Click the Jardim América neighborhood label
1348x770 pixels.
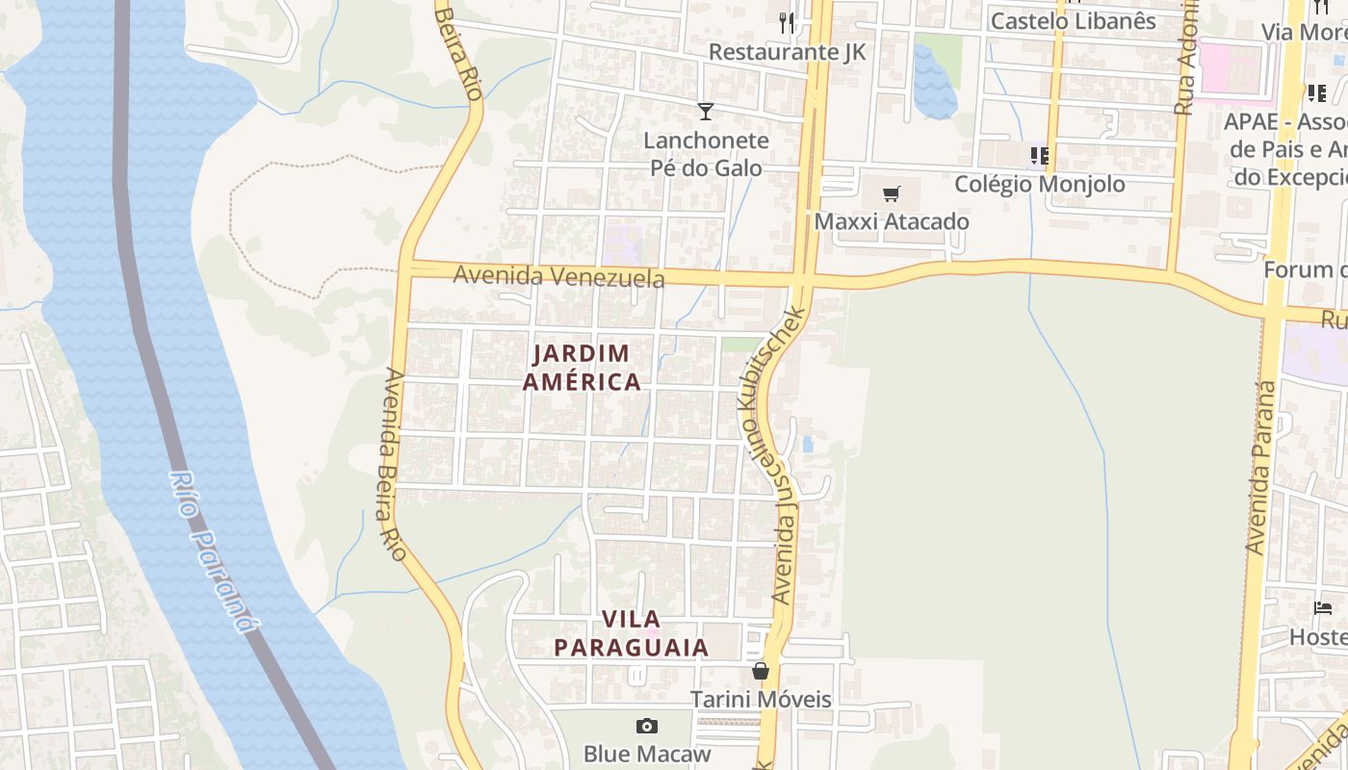tap(581, 368)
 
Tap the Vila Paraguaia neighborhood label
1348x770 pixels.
tap(632, 632)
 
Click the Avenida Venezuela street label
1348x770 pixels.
tap(558, 276)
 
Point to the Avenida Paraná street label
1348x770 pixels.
tap(1261, 468)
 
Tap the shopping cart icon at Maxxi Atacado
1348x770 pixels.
tap(891, 193)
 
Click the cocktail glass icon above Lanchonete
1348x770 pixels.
tap(706, 112)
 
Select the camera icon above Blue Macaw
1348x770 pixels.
tap(647, 726)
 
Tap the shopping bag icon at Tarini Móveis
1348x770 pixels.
tap(761, 671)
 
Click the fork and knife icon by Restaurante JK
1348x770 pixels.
tap(788, 22)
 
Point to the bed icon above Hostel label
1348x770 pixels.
tap(1323, 608)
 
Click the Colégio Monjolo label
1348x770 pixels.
tap(1039, 184)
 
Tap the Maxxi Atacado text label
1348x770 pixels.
tap(892, 221)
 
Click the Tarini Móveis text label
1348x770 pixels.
tap(761, 699)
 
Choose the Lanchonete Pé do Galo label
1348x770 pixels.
tap(707, 154)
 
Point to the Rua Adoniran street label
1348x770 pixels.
tap(1185, 58)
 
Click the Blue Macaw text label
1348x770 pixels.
tap(647, 753)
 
